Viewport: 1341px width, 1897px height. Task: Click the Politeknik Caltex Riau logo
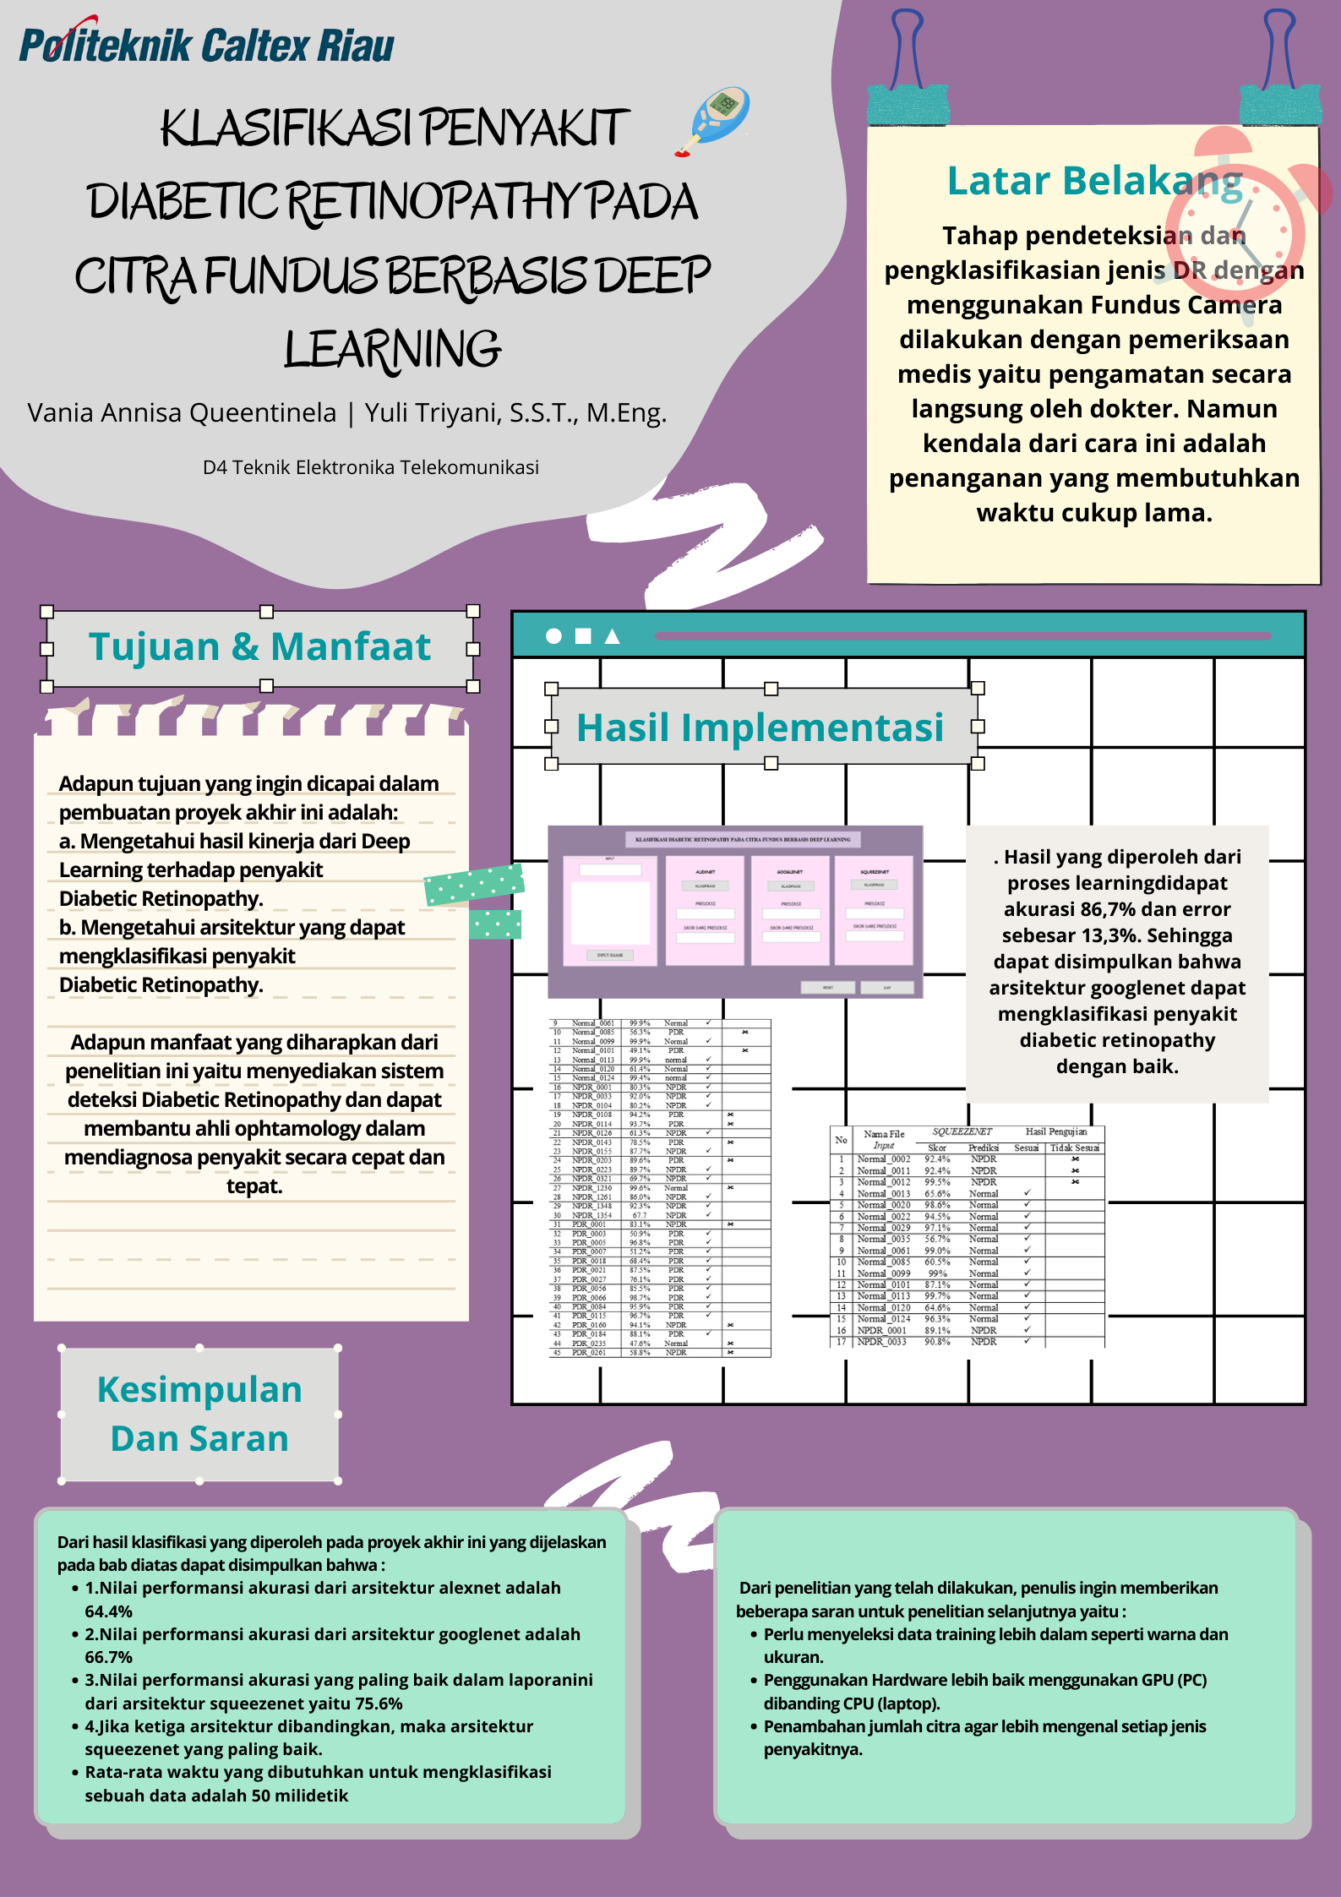tap(206, 44)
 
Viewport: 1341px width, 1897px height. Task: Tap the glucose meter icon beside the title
tap(715, 120)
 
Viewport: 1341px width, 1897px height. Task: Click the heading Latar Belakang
tap(1094, 181)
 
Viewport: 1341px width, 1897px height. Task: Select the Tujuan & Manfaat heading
tap(259, 647)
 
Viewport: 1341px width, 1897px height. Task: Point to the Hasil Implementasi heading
tap(760, 728)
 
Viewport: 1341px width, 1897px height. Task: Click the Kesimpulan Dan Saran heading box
tap(199, 1414)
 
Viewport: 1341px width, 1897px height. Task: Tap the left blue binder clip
tap(908, 63)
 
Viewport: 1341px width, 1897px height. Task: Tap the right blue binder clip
tap(1280, 63)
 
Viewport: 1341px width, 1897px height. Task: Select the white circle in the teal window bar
tap(553, 636)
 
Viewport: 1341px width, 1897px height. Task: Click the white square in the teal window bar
tap(583, 636)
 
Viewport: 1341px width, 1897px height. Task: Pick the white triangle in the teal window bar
tap(613, 636)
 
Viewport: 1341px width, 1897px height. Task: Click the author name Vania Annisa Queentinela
tap(182, 413)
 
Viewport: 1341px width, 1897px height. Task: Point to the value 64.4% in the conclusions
tap(108, 1611)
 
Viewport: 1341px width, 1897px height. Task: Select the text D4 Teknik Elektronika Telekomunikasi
tap(370, 467)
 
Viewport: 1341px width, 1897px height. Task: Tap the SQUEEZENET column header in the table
tap(962, 1131)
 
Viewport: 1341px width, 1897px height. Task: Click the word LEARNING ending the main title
tap(392, 350)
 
